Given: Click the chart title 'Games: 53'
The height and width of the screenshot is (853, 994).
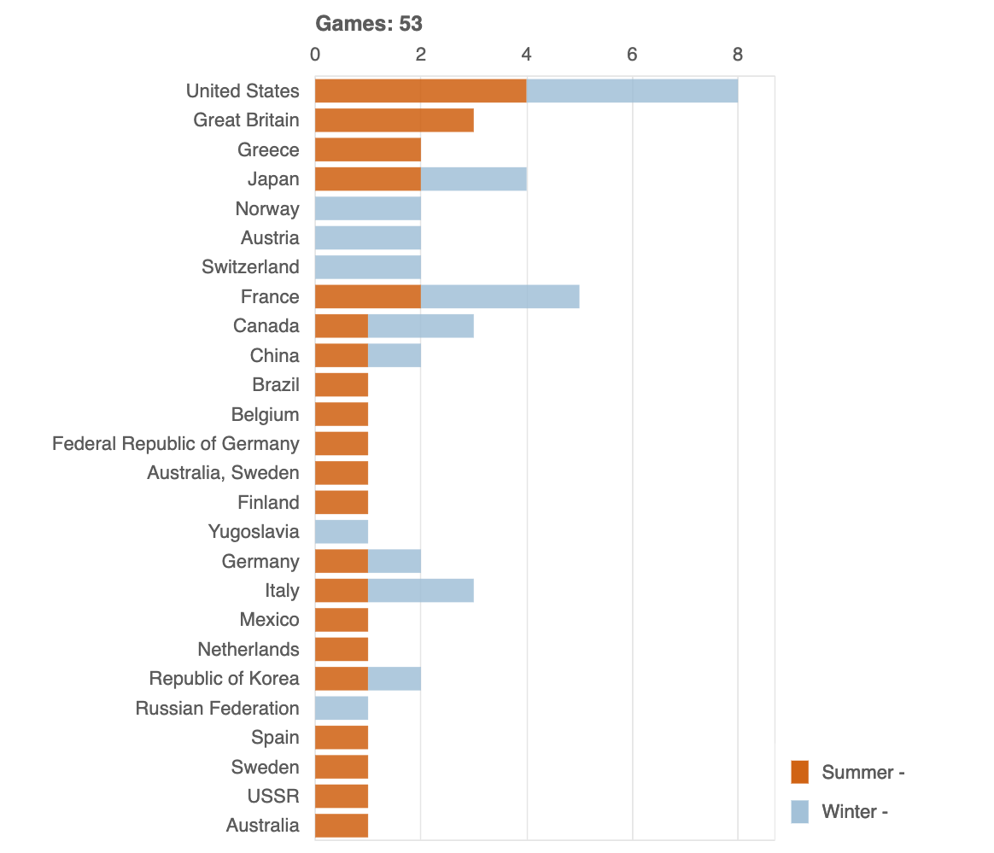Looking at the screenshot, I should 369,24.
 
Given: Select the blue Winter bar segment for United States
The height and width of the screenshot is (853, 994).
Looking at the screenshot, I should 632,91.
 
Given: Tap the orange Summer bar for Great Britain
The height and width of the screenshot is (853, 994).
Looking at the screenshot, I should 394,120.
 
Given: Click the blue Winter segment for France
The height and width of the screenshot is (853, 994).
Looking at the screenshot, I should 500,297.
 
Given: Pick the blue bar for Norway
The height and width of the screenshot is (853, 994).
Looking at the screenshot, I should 367,208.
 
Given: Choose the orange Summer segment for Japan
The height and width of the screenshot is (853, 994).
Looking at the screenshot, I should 367,179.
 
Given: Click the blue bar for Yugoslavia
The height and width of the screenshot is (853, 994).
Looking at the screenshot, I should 342,532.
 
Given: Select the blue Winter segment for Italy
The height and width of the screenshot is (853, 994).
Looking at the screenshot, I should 420,591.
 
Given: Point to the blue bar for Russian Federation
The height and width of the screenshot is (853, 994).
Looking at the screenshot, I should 342,708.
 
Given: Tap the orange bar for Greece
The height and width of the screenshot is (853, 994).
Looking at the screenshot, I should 367,149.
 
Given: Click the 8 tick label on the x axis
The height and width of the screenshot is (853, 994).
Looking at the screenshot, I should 738,55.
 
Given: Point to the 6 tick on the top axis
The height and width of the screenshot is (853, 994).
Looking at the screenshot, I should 632,55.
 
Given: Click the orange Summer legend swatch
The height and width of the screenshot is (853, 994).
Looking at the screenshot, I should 799,772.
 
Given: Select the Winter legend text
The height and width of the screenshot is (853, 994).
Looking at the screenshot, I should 854,811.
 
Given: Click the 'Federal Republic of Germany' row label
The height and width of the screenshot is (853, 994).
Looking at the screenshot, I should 176,444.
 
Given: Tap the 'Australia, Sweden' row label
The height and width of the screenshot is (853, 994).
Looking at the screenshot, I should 223,473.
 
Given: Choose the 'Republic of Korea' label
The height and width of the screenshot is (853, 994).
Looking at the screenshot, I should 224,679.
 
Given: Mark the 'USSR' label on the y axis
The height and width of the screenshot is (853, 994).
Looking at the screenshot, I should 273,797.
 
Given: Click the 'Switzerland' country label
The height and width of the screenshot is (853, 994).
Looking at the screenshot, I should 250,267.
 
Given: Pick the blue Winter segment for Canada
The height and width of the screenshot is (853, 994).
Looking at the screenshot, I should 420,326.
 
